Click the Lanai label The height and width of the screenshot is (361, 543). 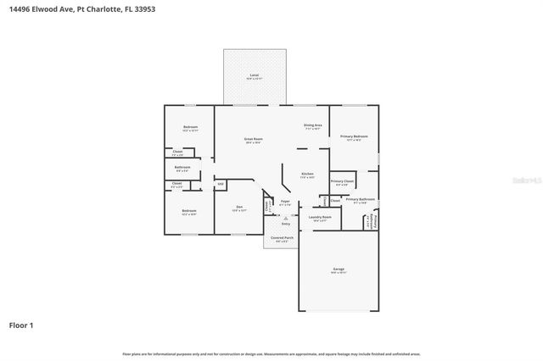[x=254, y=75]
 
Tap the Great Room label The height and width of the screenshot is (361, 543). [x=253, y=139]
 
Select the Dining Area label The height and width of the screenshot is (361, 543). [x=312, y=125]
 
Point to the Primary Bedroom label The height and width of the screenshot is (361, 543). [x=354, y=136]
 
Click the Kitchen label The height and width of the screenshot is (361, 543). [x=308, y=175]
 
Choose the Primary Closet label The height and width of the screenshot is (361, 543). [x=342, y=181]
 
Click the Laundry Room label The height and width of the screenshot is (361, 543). [x=320, y=217]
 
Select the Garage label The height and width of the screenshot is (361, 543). [x=339, y=269]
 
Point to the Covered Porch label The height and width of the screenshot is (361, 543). [x=283, y=238]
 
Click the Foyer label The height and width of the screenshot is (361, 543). [x=285, y=201]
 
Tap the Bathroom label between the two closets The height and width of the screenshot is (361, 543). [x=182, y=168]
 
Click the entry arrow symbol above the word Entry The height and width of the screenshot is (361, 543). [x=285, y=217]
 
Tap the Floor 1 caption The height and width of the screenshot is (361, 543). [x=21, y=325]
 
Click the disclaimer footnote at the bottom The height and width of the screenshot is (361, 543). [x=271, y=353]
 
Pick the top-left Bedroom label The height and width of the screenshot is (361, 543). [x=190, y=127]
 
